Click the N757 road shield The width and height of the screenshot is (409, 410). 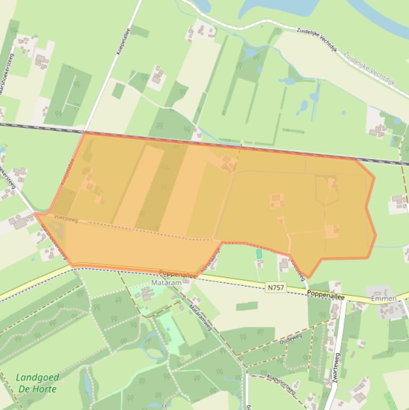tap(276, 288)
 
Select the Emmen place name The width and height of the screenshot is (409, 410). tap(383, 299)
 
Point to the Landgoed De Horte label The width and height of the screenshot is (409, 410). tap(37, 383)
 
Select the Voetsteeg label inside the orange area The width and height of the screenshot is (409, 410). tap(65, 217)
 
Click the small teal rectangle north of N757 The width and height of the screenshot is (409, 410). tap(260, 254)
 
